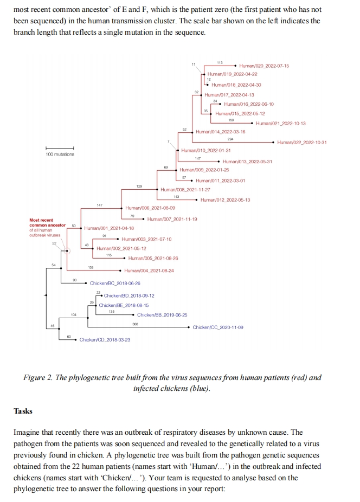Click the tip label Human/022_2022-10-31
tap(301, 143)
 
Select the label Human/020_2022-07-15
tap(264, 66)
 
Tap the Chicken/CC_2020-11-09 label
tap(218, 327)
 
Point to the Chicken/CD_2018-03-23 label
tap(105, 340)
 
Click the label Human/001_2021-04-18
tap(109, 228)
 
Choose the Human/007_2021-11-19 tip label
tap(172, 219)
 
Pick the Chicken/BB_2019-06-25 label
tap(162, 315)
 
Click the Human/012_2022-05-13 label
tap(225, 200)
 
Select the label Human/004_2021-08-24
tap(149, 271)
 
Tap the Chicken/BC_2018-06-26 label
tap(115, 284)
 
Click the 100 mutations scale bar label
tap(60, 155)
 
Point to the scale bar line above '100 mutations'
tap(60, 149)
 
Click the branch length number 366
tap(136, 324)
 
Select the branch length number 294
tap(230, 139)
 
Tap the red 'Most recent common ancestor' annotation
tap(47, 223)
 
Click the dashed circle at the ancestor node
tap(67, 250)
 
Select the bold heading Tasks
tap(23, 411)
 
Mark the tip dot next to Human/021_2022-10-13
tap(253, 124)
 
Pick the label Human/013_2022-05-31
tap(247, 162)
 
